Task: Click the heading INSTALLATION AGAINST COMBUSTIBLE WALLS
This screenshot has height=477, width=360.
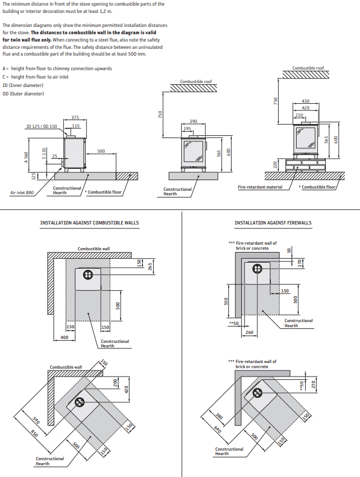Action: [x=89, y=223]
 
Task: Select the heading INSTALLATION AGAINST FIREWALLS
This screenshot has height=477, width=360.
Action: [x=273, y=223]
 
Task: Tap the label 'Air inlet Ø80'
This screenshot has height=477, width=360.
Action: [x=22, y=192]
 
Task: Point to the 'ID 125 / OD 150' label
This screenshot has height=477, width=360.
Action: [x=41, y=126]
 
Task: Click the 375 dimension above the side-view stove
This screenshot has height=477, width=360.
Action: [x=75, y=117]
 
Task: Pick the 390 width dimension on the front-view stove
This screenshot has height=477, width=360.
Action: [x=193, y=121]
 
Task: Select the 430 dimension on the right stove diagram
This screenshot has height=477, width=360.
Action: [x=306, y=101]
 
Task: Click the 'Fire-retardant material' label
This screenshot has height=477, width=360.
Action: [x=260, y=187]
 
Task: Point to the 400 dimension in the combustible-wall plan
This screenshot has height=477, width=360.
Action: [x=64, y=337]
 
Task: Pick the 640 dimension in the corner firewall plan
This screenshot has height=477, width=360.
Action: [x=217, y=430]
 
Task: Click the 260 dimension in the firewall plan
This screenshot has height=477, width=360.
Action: [x=250, y=332]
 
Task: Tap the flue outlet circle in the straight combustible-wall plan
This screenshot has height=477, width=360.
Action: [x=87, y=274]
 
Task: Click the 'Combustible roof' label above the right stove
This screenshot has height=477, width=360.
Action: [x=308, y=68]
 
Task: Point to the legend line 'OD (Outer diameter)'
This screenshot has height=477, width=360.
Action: [x=23, y=93]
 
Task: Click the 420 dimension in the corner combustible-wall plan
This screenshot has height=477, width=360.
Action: [x=126, y=388]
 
